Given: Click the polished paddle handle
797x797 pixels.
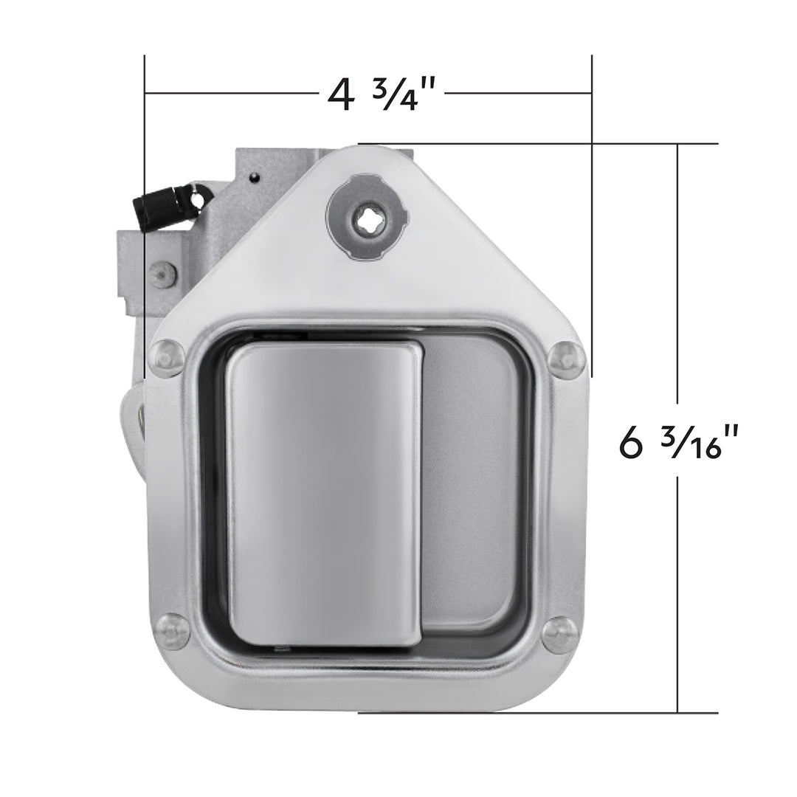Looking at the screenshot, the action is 323,494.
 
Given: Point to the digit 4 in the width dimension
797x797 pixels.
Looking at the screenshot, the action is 340,95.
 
